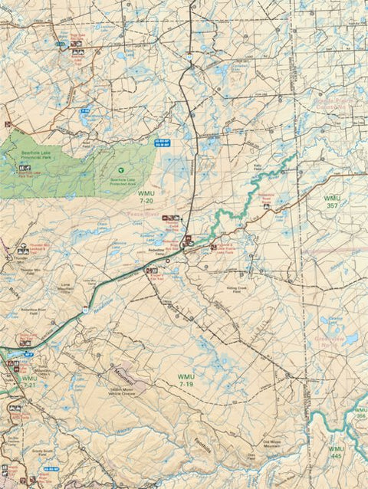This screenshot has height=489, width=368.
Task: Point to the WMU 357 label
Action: [330, 202]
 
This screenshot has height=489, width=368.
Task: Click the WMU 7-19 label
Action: [186, 381]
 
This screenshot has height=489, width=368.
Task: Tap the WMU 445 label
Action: [337, 451]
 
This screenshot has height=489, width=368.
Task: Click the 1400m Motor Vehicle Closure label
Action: [124, 391]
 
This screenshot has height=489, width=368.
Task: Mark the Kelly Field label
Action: [258, 166]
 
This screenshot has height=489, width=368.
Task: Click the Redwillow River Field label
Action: [37, 312]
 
